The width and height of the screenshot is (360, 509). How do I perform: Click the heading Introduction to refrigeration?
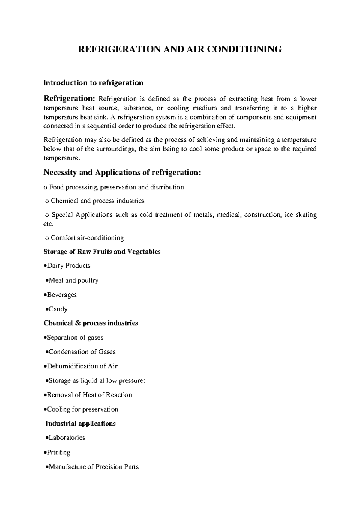click(93, 83)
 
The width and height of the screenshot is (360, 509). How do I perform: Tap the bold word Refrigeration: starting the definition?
click(69, 99)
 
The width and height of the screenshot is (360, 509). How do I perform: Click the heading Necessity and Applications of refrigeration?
click(122, 173)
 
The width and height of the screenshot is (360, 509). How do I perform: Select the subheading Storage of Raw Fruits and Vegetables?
click(102, 252)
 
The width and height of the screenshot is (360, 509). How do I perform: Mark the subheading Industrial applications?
click(80, 424)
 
